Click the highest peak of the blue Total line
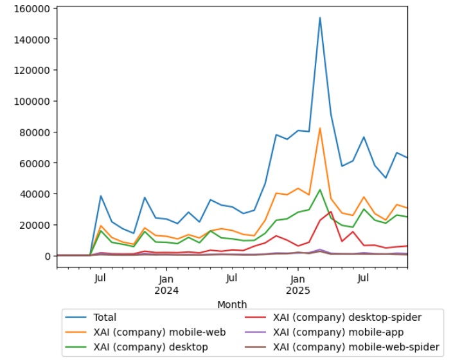[320, 18]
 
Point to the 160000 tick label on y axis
[33, 8]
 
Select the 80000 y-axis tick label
[36, 132]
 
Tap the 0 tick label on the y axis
[47, 256]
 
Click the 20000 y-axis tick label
[36, 225]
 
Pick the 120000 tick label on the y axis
[33, 70]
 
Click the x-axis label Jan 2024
[166, 284]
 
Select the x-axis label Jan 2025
[298, 284]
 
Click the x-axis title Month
[232, 304]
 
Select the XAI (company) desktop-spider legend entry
[347, 317]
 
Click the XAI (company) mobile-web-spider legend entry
[356, 348]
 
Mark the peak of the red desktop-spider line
[331, 212]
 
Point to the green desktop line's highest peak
[320, 190]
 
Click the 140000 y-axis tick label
[33, 39]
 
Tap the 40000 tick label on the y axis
[36, 194]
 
